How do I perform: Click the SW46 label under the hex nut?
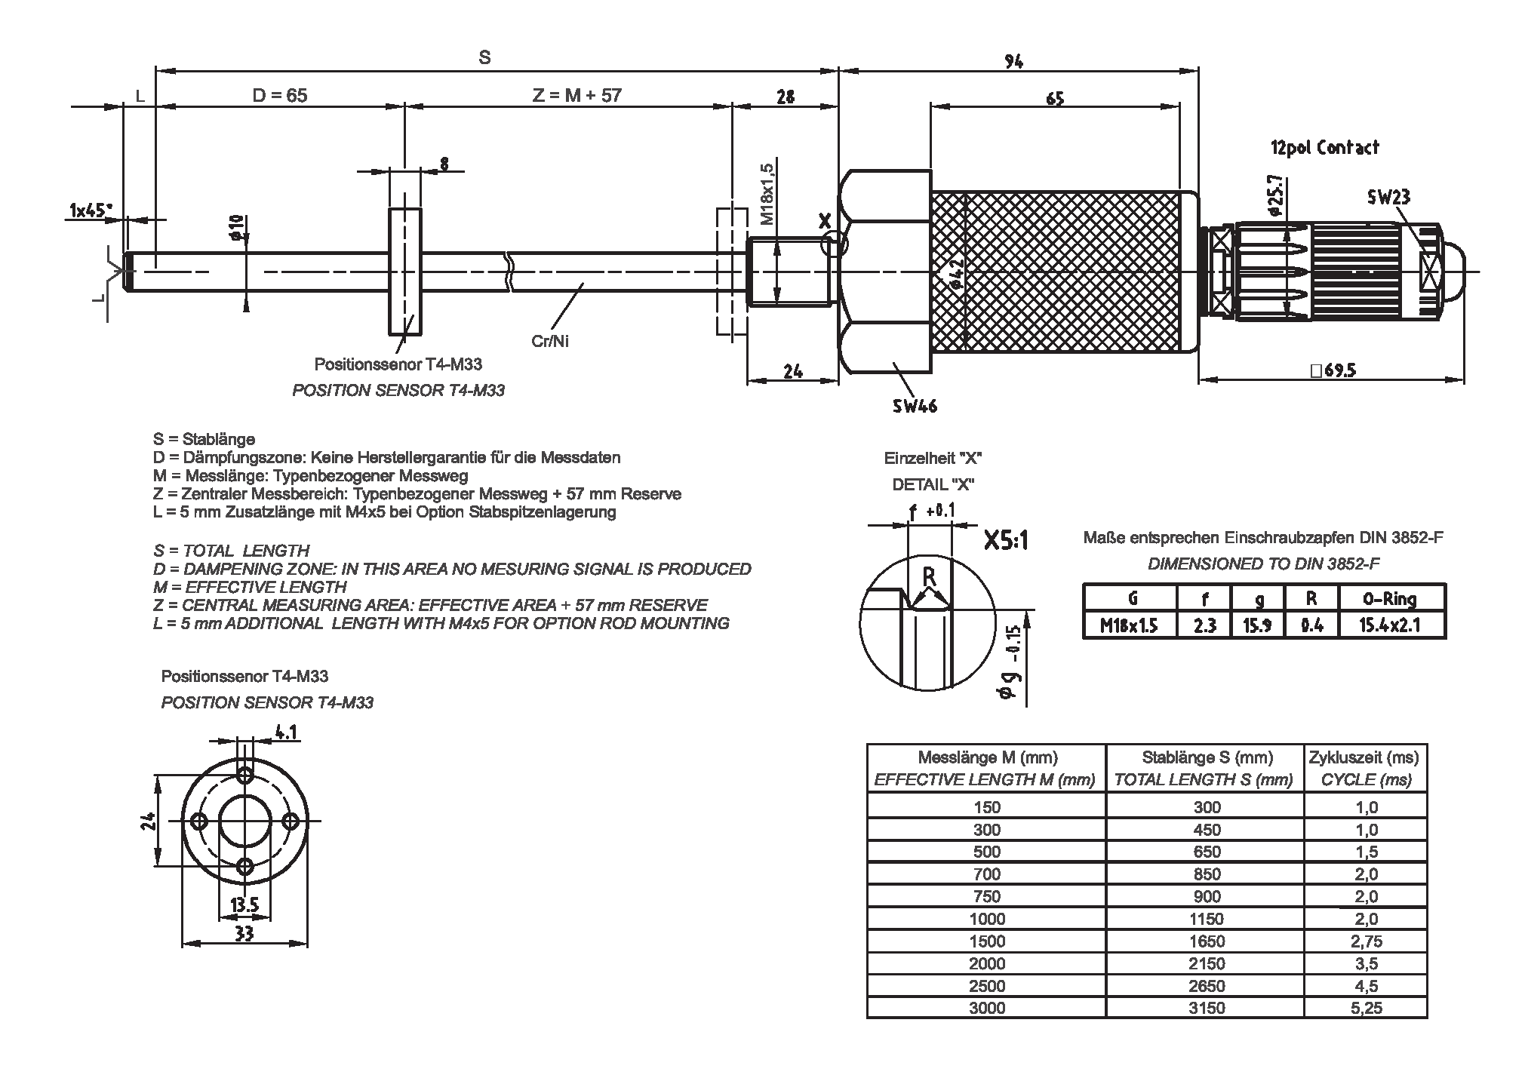(915, 406)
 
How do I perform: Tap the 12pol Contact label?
(1324, 148)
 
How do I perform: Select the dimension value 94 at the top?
(1014, 62)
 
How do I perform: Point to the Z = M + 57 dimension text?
(576, 96)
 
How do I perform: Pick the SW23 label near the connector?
(1388, 197)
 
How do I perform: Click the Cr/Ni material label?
(550, 342)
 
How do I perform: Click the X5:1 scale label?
(1007, 540)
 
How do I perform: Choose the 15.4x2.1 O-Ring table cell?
(1389, 625)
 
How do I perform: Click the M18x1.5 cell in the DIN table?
(1129, 625)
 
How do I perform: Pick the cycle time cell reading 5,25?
(1366, 1008)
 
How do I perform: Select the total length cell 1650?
(1207, 941)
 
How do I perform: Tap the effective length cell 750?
(987, 896)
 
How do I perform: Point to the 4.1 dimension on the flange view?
(287, 731)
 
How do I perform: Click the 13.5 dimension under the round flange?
(244, 904)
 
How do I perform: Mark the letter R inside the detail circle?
(929, 577)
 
